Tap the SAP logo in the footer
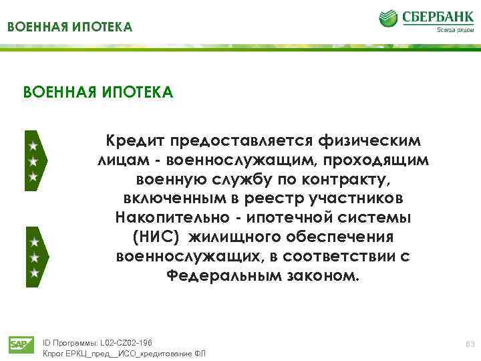click(x=18, y=344)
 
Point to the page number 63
click(x=468, y=344)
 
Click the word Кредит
click(x=134, y=141)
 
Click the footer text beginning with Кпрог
click(x=124, y=354)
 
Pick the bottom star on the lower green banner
click(x=33, y=273)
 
